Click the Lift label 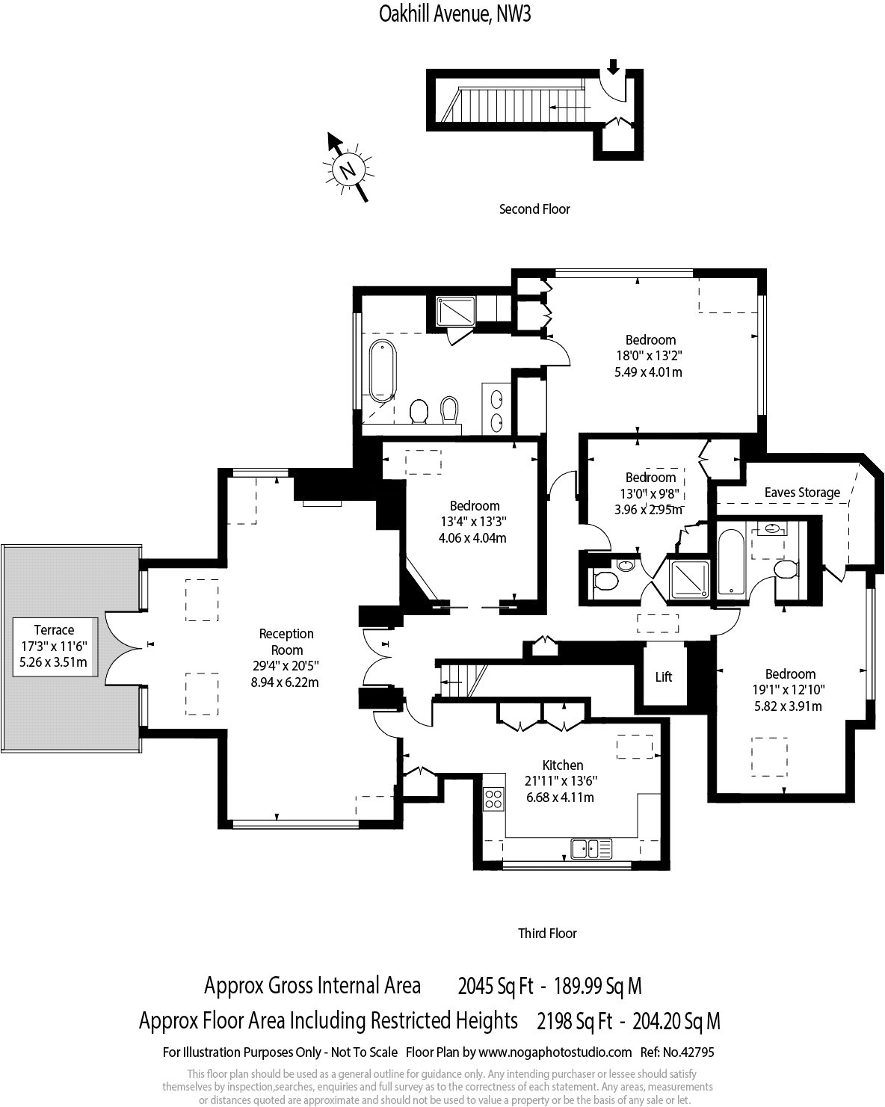[x=664, y=677]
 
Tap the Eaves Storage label [x=802, y=493]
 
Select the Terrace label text [x=55, y=630]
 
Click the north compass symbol [x=347, y=168]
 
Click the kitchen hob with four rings [x=494, y=799]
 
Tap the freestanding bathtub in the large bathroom [x=382, y=371]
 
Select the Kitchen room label [x=563, y=765]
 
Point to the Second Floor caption [x=534, y=209]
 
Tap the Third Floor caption [x=547, y=933]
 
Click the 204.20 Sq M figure [x=676, y=1020]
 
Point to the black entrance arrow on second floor [x=613, y=67]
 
